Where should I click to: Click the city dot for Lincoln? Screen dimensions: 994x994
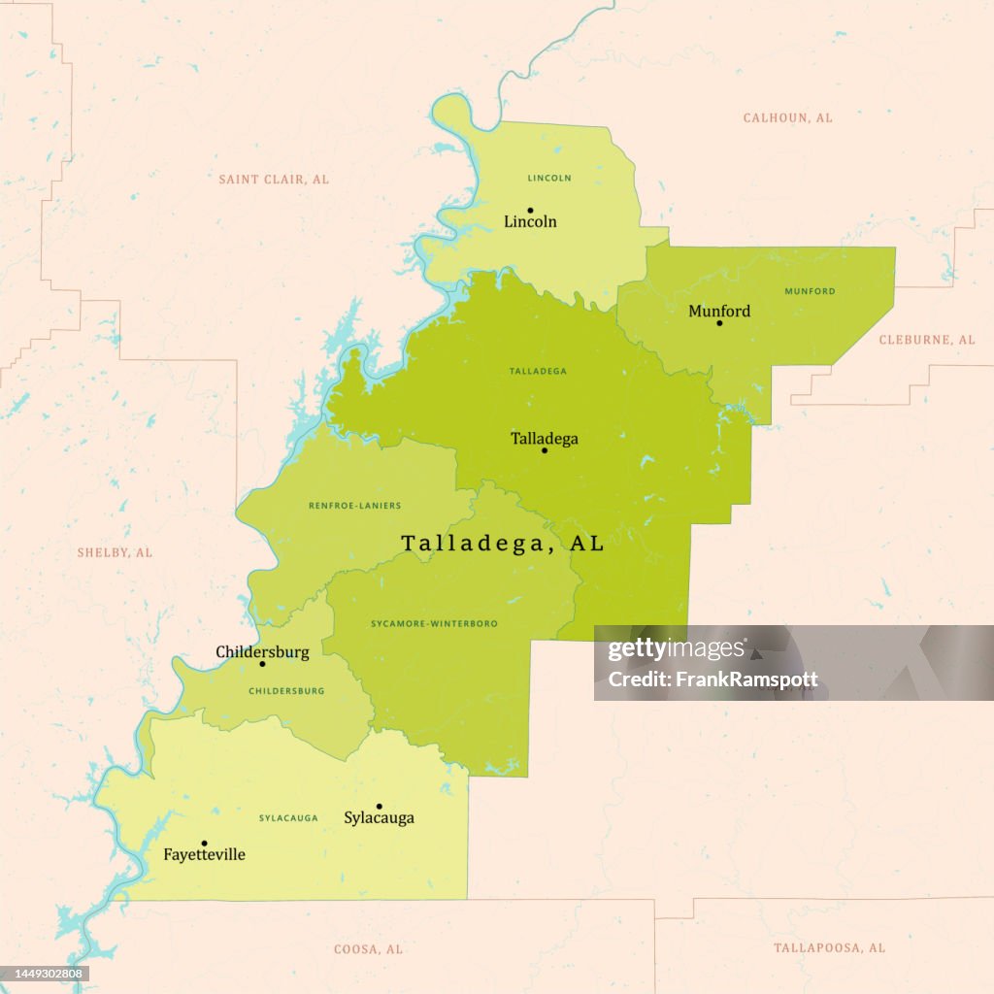pyautogui.click(x=530, y=210)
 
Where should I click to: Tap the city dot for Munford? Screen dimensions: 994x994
pyautogui.click(x=719, y=322)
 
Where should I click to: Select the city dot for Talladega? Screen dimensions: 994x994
pyautogui.click(x=545, y=450)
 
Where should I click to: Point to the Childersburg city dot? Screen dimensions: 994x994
pyautogui.click(x=262, y=664)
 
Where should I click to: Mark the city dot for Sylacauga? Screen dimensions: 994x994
pyautogui.click(x=379, y=807)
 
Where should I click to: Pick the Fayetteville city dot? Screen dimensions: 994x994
pyautogui.click(x=204, y=844)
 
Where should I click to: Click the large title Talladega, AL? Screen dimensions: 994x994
pyautogui.click(x=503, y=544)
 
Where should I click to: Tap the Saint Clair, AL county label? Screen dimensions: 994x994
pyautogui.click(x=274, y=180)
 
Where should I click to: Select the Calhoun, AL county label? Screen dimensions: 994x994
pyautogui.click(x=787, y=117)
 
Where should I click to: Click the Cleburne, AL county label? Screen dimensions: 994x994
pyautogui.click(x=926, y=340)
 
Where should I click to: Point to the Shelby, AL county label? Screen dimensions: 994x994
pyautogui.click(x=115, y=552)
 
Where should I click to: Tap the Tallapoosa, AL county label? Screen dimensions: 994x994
pyautogui.click(x=829, y=947)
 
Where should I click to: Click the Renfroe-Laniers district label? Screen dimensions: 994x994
pyautogui.click(x=354, y=506)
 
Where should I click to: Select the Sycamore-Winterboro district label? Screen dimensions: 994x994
pyautogui.click(x=433, y=622)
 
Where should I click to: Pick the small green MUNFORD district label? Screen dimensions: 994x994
pyautogui.click(x=810, y=291)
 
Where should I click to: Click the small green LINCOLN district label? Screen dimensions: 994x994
pyautogui.click(x=549, y=178)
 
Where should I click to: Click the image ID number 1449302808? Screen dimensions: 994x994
pyautogui.click(x=47, y=974)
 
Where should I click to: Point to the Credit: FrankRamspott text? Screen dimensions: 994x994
pyautogui.click(x=712, y=679)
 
